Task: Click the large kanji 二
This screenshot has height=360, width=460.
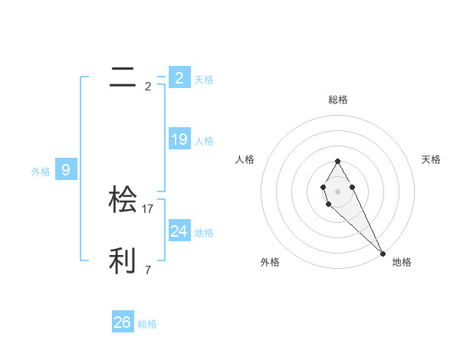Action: click(x=123, y=77)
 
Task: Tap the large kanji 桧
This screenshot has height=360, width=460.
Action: click(x=123, y=199)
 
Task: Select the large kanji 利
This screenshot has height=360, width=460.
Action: click(x=123, y=261)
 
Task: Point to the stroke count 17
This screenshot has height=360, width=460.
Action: click(x=149, y=208)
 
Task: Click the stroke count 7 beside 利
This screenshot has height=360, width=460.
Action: click(x=148, y=270)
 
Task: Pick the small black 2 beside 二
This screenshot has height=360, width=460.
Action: click(x=148, y=86)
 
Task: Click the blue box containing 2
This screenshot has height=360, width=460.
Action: click(x=179, y=77)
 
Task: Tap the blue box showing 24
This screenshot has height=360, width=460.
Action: click(x=179, y=231)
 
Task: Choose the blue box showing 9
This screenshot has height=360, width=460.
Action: click(x=66, y=170)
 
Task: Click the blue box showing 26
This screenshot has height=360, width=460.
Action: click(x=122, y=322)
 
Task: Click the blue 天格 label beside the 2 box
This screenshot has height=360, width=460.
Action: click(x=204, y=79)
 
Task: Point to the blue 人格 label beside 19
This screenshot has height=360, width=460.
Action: click(x=204, y=140)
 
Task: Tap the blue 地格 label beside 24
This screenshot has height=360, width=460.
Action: click(x=204, y=232)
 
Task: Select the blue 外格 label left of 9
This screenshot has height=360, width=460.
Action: click(x=41, y=172)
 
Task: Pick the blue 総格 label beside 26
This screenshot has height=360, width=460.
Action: click(x=147, y=324)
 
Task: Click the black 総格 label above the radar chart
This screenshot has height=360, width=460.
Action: click(x=337, y=100)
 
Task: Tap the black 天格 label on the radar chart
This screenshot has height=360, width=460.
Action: click(x=431, y=159)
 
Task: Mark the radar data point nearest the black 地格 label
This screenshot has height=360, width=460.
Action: click(x=383, y=253)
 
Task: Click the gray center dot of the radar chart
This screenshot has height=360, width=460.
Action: click(x=337, y=191)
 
